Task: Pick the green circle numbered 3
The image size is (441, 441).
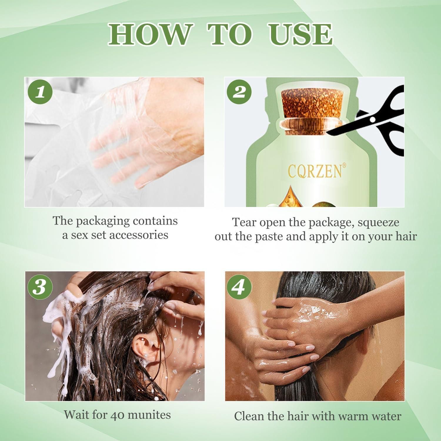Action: coord(39,287)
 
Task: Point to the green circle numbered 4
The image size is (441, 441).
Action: coord(239,287)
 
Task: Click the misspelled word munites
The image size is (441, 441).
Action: coord(150,415)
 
